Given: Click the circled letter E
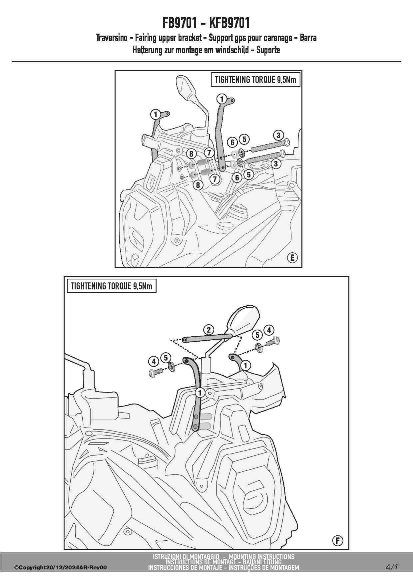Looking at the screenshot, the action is click(x=292, y=258).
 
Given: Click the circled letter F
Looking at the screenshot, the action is click(x=337, y=540).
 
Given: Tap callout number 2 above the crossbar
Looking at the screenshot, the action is click(x=208, y=330).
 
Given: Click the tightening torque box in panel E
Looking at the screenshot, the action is click(x=255, y=80).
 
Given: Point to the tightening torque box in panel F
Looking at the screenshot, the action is click(x=112, y=286).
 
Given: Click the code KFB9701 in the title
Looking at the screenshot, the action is click(x=229, y=23).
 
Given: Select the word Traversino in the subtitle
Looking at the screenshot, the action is click(x=112, y=38).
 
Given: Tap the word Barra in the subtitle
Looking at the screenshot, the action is click(x=308, y=38).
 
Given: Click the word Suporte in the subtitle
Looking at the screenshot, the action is click(x=268, y=50).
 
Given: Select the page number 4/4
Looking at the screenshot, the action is click(x=392, y=567).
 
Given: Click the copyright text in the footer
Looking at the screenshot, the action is click(x=61, y=568).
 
